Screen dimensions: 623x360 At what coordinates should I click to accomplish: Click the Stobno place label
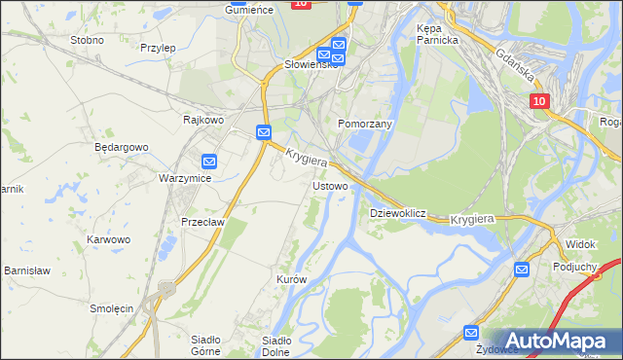click(x=87, y=40)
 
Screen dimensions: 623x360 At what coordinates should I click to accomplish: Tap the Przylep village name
click(x=157, y=47)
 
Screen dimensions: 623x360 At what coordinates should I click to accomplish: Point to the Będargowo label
click(x=121, y=147)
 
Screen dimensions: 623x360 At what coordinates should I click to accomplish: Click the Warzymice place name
click(x=185, y=179)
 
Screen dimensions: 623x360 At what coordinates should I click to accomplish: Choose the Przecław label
click(x=203, y=221)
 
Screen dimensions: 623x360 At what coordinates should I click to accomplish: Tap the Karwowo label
click(x=108, y=238)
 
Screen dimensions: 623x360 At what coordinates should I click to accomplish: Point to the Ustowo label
click(x=329, y=185)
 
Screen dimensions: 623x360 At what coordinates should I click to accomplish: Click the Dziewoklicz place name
click(x=398, y=212)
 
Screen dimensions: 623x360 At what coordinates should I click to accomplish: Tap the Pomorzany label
click(x=364, y=125)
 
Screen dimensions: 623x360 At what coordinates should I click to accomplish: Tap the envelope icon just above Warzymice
click(x=209, y=161)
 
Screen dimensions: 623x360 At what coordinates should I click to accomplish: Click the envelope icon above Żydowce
click(x=471, y=332)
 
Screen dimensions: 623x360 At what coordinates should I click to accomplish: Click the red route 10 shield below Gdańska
click(x=540, y=101)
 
